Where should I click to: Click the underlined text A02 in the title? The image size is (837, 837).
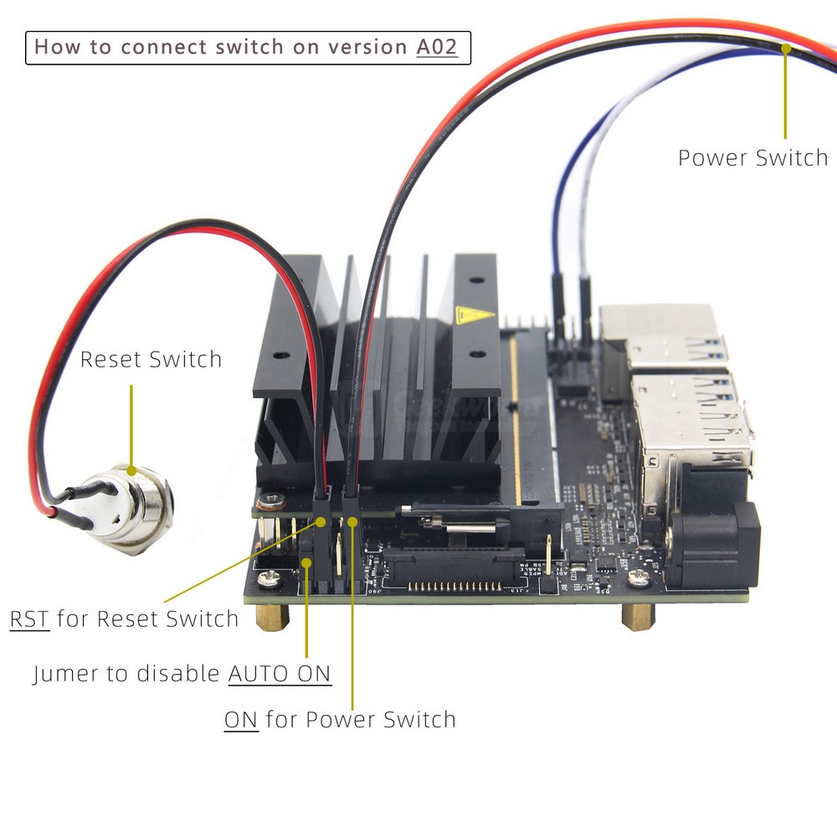point(437,47)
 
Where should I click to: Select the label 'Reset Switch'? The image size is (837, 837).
point(151,360)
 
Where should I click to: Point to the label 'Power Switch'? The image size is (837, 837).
point(752,157)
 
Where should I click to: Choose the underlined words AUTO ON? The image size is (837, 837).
point(280,673)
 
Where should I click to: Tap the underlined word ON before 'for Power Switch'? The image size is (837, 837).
point(241,719)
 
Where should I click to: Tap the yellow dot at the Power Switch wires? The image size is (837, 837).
point(785,48)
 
